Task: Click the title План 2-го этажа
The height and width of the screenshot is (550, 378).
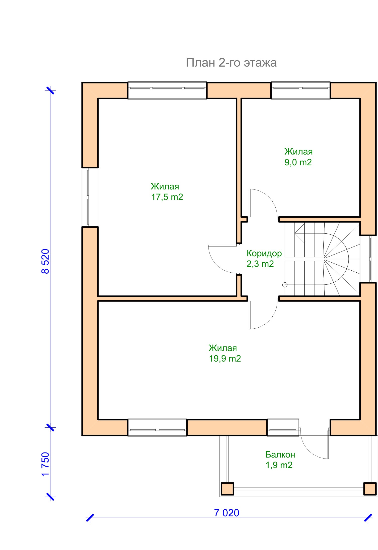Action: [x=231, y=63]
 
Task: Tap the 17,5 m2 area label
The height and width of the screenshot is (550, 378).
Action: [x=167, y=197]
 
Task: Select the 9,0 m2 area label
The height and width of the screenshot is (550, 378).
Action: [x=298, y=162]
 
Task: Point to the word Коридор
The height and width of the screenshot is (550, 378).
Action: [x=264, y=253]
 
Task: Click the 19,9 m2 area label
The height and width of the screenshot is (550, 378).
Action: [x=225, y=359]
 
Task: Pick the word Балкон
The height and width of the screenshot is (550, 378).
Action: [x=280, y=455]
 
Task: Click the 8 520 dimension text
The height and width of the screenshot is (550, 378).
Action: [x=45, y=261]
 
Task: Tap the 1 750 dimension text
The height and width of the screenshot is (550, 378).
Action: [x=45, y=464]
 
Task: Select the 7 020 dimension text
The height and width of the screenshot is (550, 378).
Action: [x=227, y=513]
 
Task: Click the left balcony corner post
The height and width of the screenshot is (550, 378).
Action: [x=227, y=489]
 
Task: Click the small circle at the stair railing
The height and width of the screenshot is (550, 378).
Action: [x=285, y=285]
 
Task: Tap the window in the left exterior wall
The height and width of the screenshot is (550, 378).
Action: [x=90, y=197]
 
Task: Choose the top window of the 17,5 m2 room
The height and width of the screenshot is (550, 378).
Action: [x=167, y=90]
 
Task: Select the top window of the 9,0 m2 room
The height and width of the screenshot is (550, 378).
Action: [x=301, y=90]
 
